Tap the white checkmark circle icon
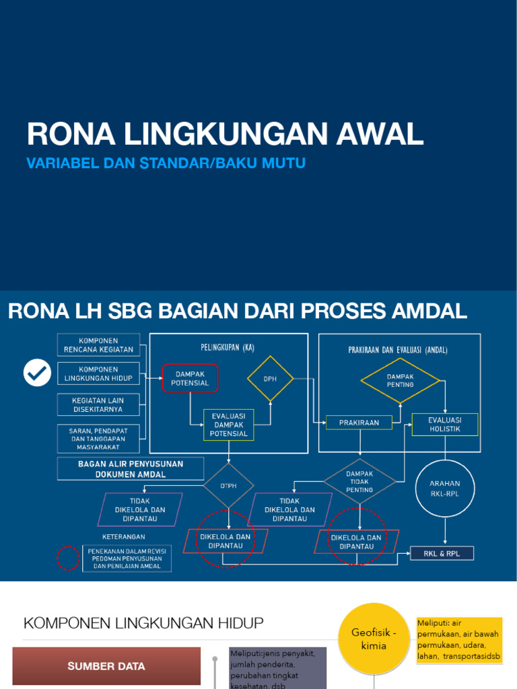(x=37, y=373)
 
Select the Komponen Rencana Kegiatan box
(x=98, y=345)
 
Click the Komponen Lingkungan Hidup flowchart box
(x=98, y=374)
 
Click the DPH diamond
(x=271, y=379)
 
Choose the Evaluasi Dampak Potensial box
(x=229, y=425)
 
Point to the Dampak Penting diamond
(x=401, y=380)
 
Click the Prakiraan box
(x=359, y=423)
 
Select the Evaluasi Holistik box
(x=444, y=425)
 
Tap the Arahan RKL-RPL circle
(x=445, y=488)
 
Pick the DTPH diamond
(x=229, y=485)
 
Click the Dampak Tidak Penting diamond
(x=359, y=481)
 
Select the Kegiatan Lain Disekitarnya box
(x=98, y=405)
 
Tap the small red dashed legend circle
(x=67, y=558)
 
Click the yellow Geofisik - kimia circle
(x=374, y=639)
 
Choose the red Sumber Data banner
(x=106, y=666)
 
